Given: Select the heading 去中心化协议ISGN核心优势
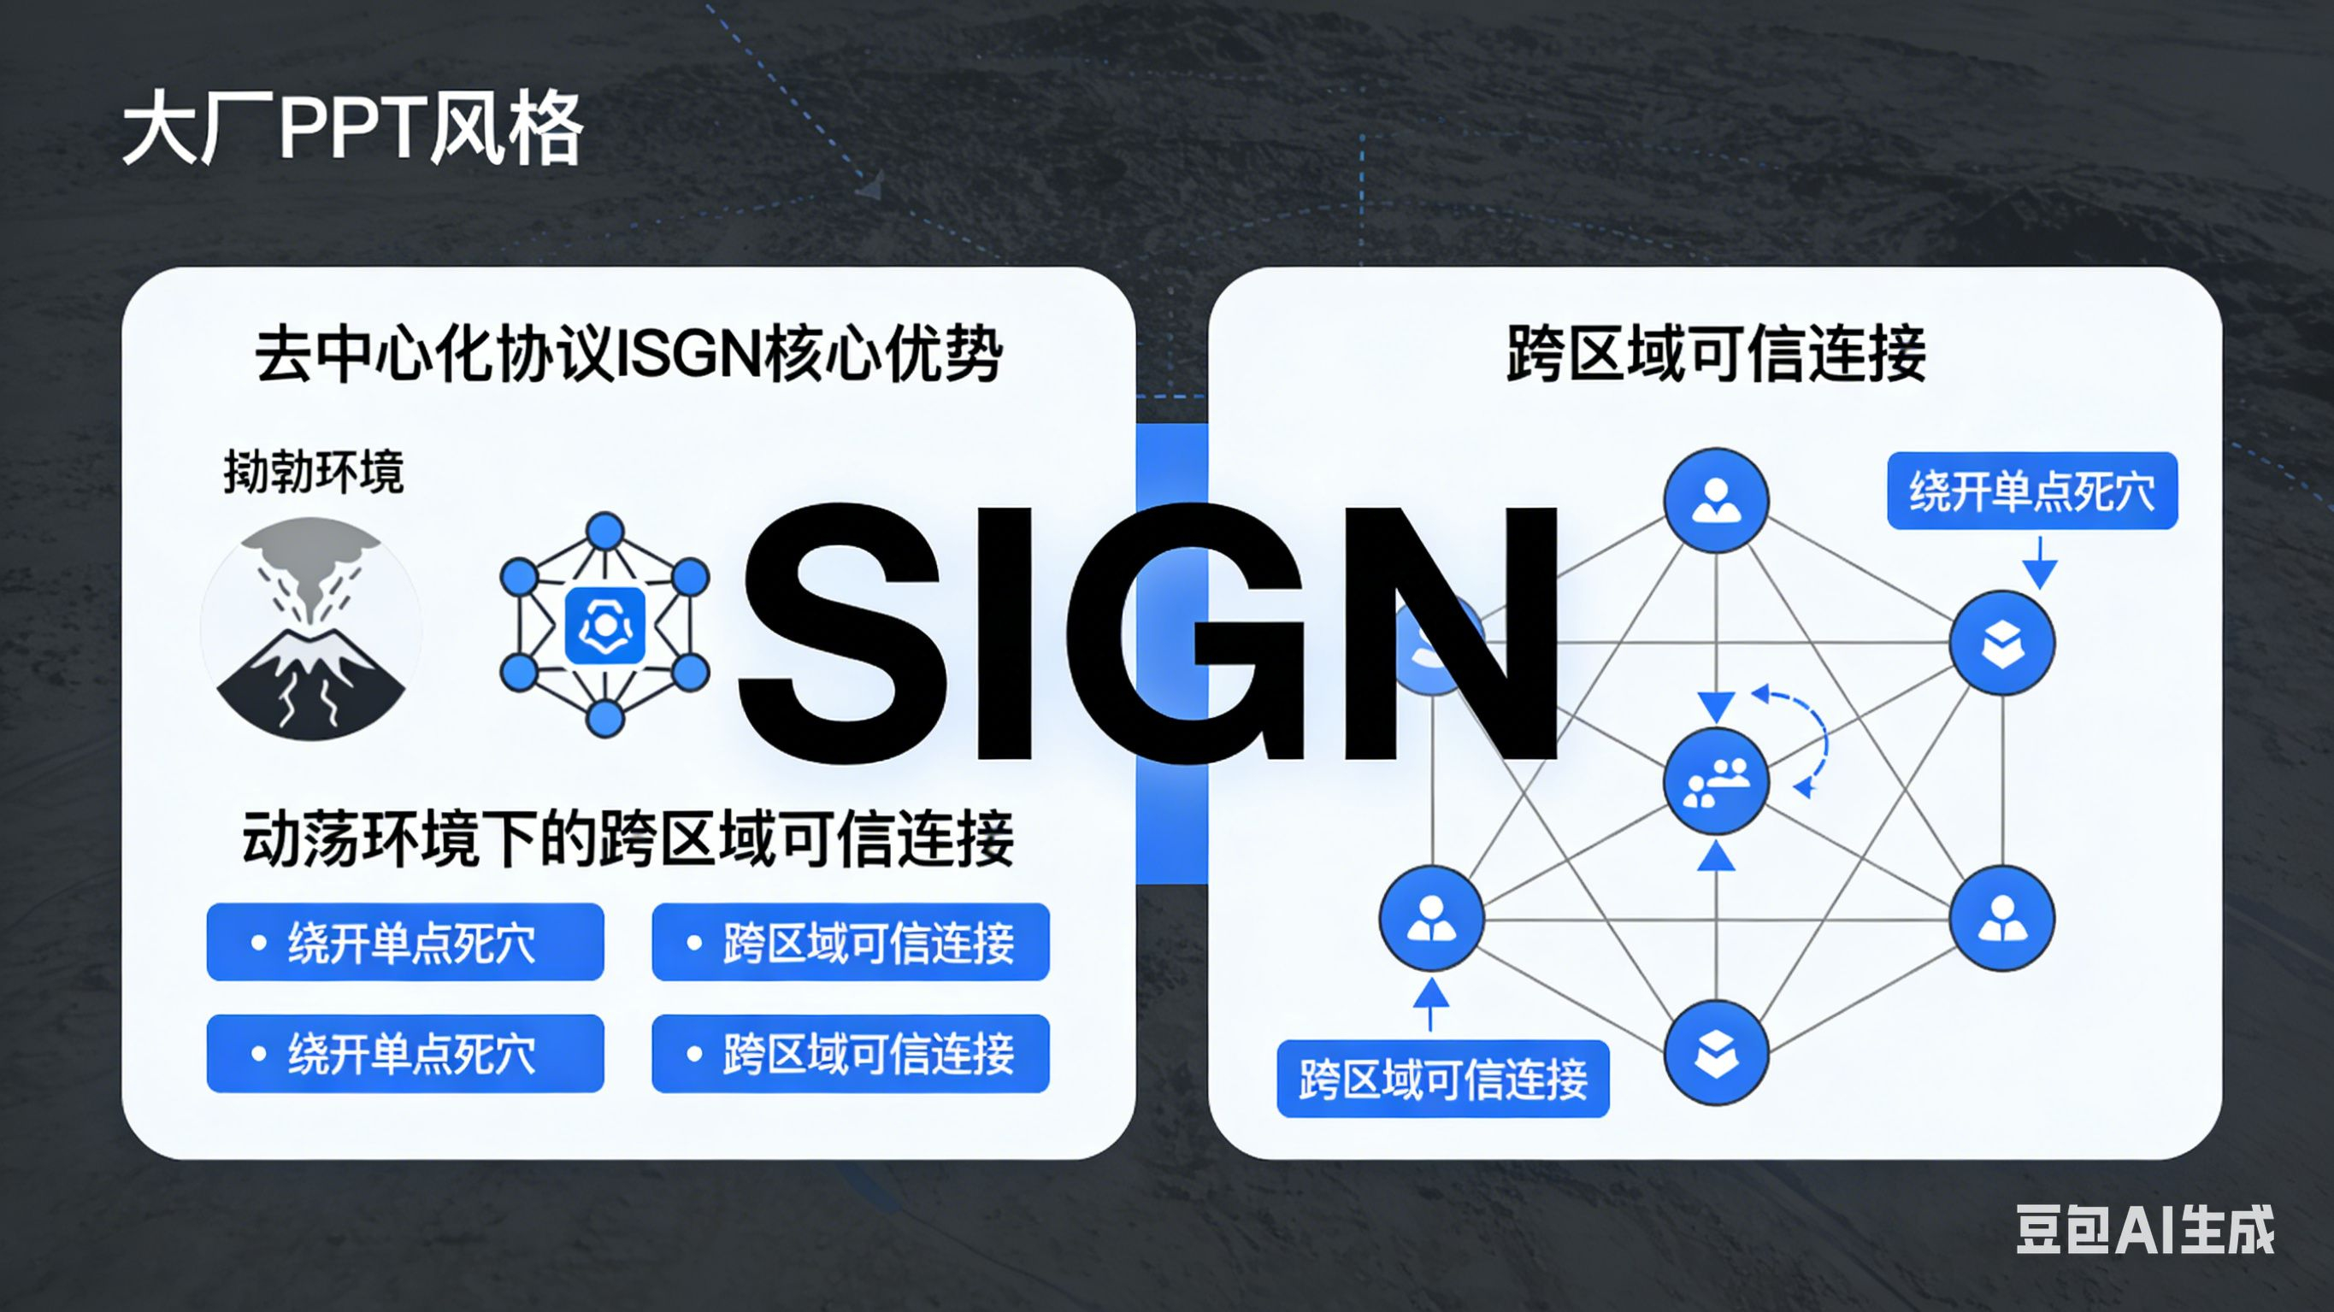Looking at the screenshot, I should tap(628, 353).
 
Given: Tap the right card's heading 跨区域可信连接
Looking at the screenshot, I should tap(1715, 353).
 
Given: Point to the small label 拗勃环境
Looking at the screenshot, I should tap(313, 472).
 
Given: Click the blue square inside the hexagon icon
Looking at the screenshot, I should tap(604, 625).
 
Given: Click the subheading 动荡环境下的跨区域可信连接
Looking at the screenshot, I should tap(628, 838).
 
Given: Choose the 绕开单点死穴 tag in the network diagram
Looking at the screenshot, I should tap(2031, 491).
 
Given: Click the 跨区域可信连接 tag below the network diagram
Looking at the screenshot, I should tap(1442, 1078).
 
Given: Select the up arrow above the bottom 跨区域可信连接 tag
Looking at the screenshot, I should tap(1430, 1001).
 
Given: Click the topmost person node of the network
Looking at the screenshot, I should tap(1716, 500).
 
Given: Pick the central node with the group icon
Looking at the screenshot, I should tap(1716, 781).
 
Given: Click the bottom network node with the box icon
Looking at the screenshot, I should tap(1716, 1053).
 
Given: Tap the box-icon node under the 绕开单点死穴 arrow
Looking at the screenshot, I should tap(2001, 644).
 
